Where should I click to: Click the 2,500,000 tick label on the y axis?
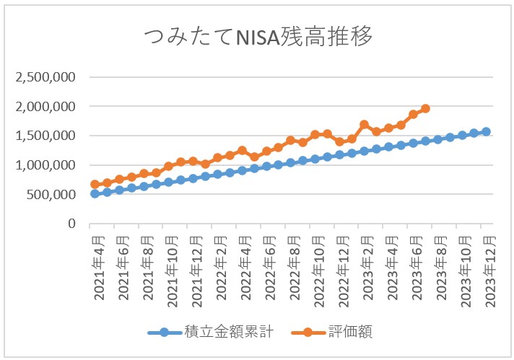pos(45,77)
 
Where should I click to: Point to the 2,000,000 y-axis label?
pos(45,107)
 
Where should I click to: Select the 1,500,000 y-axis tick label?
pos(45,136)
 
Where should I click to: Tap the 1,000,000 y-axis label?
pos(45,165)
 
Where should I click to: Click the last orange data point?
pos(425,108)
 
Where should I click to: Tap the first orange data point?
pos(95,184)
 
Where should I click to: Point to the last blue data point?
pos(486,131)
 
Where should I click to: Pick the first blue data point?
pos(95,193)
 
